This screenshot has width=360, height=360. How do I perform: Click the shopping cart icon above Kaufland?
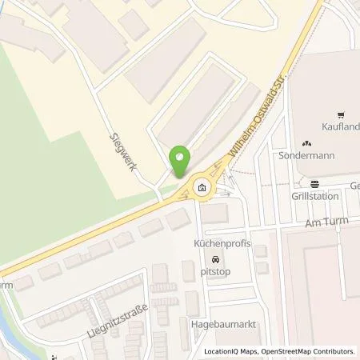click(341, 114)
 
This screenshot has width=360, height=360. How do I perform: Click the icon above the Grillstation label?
click(314, 181)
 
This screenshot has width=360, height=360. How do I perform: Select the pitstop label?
click(214, 271)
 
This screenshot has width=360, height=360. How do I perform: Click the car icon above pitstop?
click(214, 260)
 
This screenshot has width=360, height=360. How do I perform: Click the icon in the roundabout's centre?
click(201, 189)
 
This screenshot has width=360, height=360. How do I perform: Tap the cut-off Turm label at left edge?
click(6, 285)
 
